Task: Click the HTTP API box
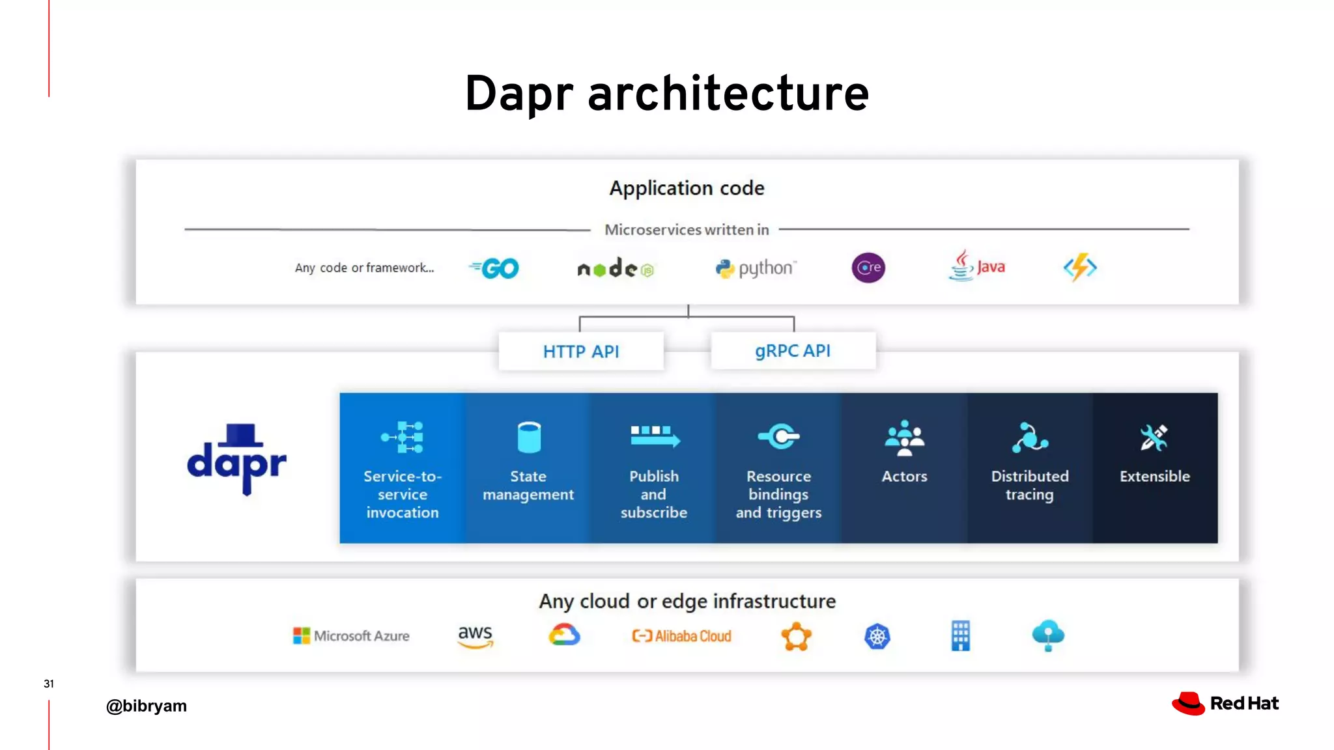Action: (581, 352)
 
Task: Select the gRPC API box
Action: (793, 351)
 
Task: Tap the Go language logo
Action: (495, 268)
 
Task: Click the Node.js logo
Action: (615, 268)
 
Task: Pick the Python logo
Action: (756, 268)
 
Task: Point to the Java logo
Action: (976, 266)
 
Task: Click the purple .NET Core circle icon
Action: (868, 268)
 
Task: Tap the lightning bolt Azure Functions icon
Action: (1080, 268)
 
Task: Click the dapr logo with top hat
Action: (236, 460)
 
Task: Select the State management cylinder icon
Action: (528, 437)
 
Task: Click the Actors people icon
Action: (904, 437)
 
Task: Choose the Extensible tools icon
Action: (1154, 437)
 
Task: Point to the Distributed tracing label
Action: (1030, 486)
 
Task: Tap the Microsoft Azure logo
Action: (351, 635)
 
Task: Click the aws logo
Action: (475, 636)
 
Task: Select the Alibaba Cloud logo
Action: (681, 636)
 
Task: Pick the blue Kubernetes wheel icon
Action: (877, 636)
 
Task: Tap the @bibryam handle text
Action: (147, 706)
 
